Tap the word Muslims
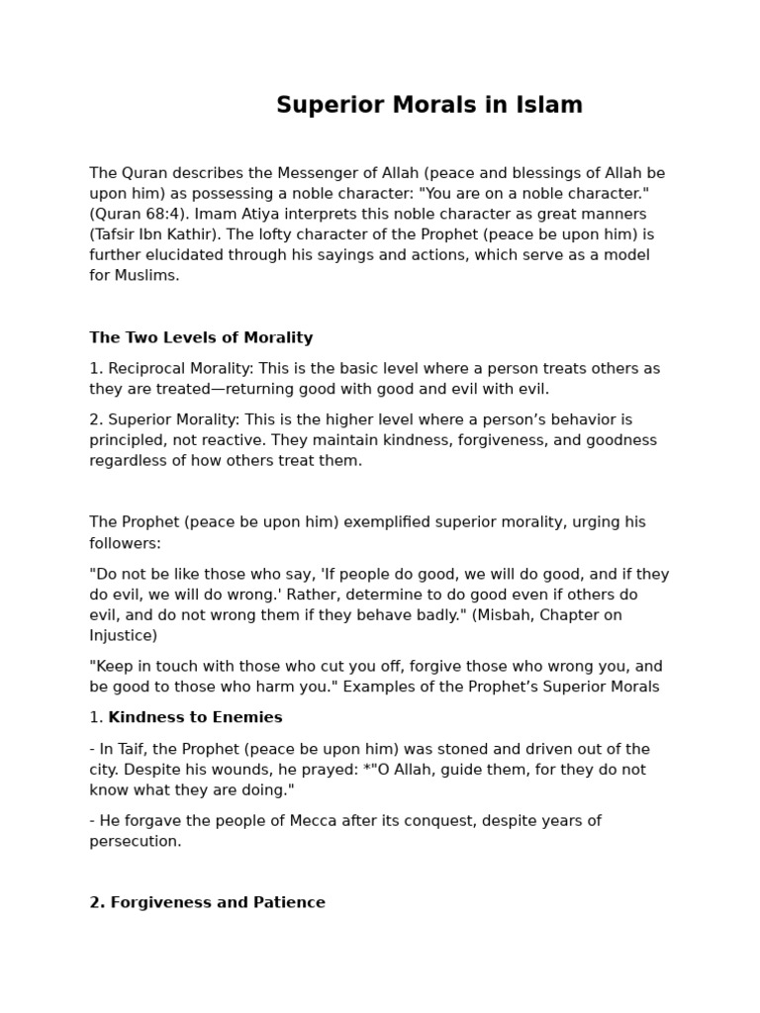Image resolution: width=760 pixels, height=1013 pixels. point(147,276)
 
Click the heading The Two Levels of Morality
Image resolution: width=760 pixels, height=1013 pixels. point(201,337)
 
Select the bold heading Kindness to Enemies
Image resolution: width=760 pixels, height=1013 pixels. point(195,717)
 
